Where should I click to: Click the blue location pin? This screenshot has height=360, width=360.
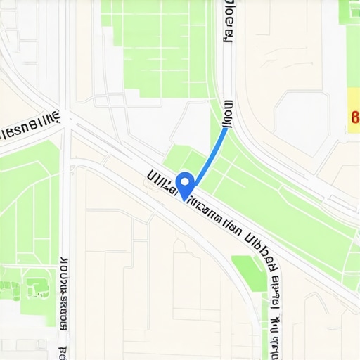pos(184,184)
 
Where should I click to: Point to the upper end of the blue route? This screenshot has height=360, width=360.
pos(226,127)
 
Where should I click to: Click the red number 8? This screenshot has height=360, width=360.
pos(354,117)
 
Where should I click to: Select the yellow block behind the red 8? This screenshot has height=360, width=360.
pos(354,105)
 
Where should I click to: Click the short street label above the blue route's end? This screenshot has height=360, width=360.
pos(227,110)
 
